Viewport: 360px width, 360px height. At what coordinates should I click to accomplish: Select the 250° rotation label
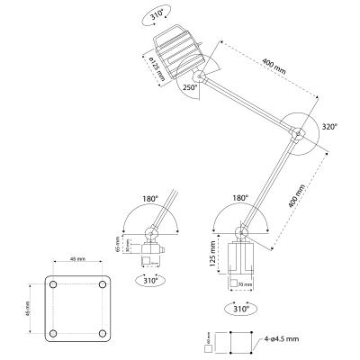[x=190, y=87]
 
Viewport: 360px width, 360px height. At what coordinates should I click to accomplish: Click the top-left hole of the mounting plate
[x=54, y=284]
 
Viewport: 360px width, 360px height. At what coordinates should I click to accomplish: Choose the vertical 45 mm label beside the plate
[x=30, y=309]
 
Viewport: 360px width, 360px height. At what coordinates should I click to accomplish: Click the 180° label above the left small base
[x=149, y=197]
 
